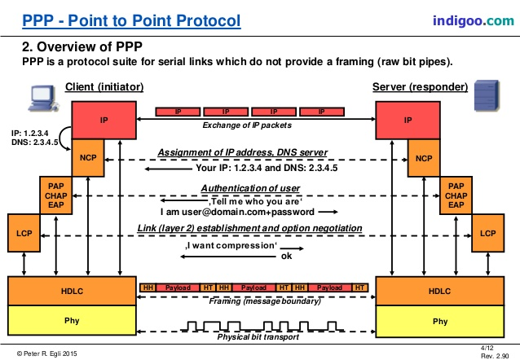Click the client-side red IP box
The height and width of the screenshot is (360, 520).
click(104, 119)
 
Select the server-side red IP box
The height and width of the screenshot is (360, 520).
click(408, 119)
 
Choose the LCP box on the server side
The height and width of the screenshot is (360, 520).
click(487, 233)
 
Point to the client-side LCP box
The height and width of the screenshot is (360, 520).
click(24, 233)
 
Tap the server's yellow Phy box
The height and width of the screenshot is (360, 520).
click(440, 321)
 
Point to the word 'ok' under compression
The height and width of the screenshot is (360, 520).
click(286, 255)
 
